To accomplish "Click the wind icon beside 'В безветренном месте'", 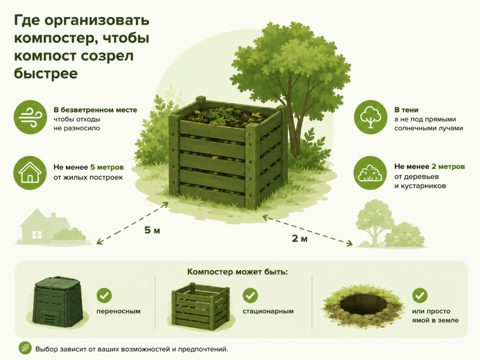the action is (30, 117).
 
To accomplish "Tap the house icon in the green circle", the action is (30, 172).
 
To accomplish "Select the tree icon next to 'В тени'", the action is (371, 117).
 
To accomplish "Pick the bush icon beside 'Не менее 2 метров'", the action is (370, 173).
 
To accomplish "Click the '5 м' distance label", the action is (152, 230).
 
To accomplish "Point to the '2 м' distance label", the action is (300, 239).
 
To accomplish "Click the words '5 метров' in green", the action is (107, 167).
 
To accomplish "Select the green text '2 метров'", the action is (448, 167).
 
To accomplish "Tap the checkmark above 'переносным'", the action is (104, 295).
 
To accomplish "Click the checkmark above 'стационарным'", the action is (250, 295).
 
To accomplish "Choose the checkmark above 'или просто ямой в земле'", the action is (420, 295).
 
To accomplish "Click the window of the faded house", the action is (37, 235).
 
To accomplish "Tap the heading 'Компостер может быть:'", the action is (238, 272).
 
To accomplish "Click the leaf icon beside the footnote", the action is (25, 348).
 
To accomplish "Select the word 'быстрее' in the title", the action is (46, 74).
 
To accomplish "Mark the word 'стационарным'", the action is (268, 312).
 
